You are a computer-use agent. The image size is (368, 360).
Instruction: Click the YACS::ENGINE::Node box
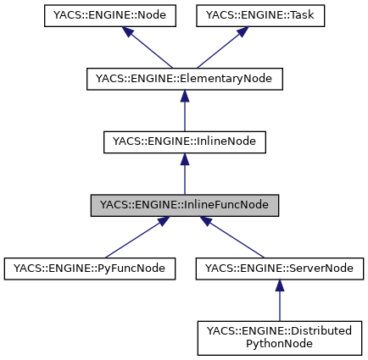(98, 15)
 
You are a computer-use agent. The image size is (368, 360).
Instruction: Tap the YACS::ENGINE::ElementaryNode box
(185, 79)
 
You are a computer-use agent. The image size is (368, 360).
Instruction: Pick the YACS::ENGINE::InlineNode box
(185, 142)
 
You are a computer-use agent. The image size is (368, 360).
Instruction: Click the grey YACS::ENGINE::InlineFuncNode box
(185, 205)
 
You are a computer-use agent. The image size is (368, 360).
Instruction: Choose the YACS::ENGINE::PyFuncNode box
(90, 269)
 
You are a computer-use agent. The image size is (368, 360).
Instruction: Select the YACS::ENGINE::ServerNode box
(280, 269)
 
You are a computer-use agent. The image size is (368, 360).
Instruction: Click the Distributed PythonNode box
(280, 337)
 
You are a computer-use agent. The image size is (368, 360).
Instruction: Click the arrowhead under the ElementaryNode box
(185, 97)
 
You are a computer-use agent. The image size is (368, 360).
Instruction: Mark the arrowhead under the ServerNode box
(280, 286)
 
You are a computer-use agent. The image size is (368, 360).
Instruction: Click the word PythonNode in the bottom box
(280, 344)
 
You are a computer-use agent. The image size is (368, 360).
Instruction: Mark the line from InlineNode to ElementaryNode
(185, 117)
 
